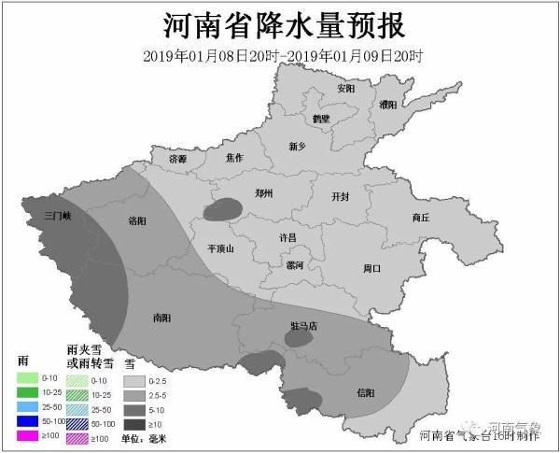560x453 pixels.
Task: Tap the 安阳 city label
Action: pos(346,89)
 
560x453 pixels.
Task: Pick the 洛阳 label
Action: pos(137,220)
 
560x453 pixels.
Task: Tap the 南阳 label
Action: pos(161,318)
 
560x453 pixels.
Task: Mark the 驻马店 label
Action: pos(303,326)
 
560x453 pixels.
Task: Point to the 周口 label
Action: pos(371,268)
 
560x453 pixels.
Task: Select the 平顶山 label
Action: pos(220,248)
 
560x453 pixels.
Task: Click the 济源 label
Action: pos(177,160)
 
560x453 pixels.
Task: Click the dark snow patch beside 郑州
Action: pos(220,209)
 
